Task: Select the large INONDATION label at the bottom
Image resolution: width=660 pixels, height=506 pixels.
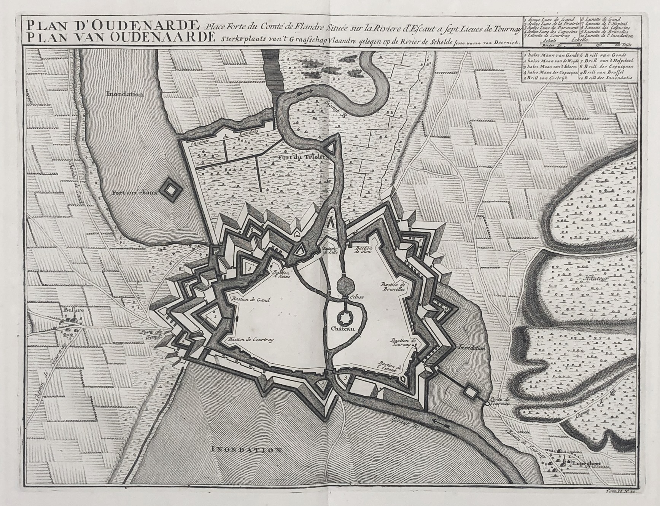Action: click(x=247, y=449)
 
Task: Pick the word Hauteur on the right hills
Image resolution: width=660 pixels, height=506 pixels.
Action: click(x=598, y=279)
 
